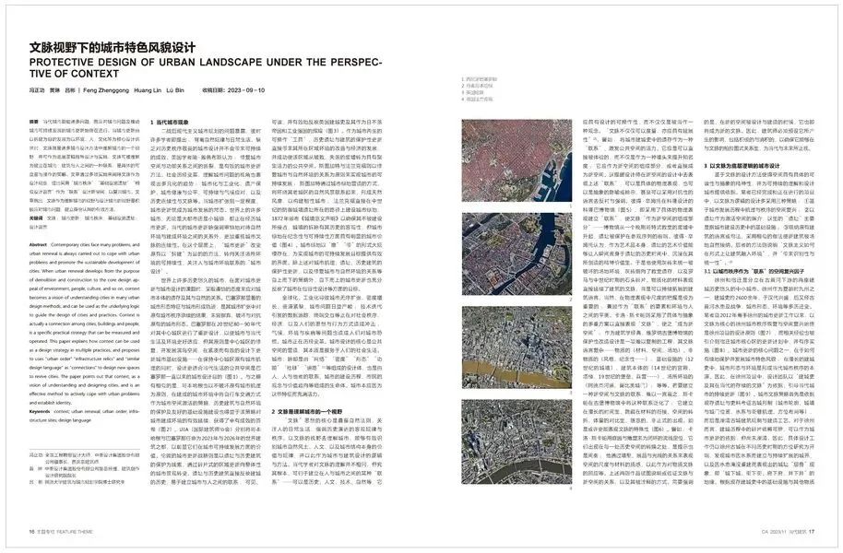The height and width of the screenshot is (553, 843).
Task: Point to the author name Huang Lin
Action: [x=160, y=90]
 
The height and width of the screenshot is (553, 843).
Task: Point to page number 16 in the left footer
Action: [x=31, y=532]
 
